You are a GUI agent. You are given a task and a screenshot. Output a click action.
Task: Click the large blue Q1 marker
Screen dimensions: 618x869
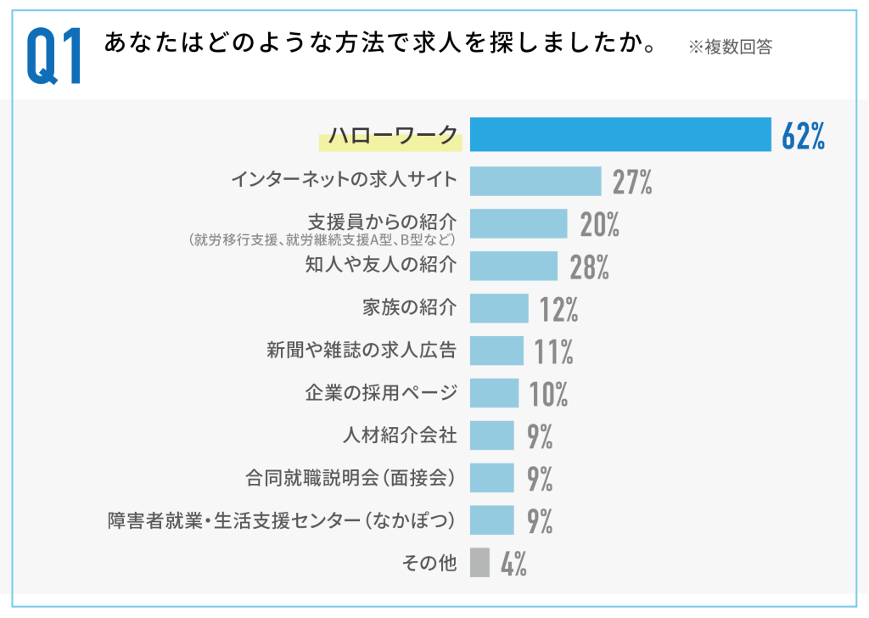pyautogui.click(x=54, y=55)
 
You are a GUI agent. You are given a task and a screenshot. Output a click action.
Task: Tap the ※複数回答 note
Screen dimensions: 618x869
pyautogui.click(x=730, y=48)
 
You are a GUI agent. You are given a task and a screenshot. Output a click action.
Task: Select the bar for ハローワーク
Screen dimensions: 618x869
pyautogui.click(x=620, y=134)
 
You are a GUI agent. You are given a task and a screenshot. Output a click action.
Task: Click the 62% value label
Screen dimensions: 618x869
pyautogui.click(x=804, y=136)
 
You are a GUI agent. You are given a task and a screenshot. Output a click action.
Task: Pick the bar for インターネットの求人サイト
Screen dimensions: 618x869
pyautogui.click(x=535, y=181)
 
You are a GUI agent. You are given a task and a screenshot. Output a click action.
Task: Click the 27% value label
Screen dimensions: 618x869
pyautogui.click(x=632, y=182)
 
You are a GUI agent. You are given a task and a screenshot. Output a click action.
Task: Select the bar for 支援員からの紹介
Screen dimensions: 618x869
pyautogui.click(x=519, y=223)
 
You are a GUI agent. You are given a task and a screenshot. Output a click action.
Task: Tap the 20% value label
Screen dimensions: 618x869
pyautogui.click(x=599, y=224)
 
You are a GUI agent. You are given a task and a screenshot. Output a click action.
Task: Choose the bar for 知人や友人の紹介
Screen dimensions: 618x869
pyautogui.click(x=513, y=266)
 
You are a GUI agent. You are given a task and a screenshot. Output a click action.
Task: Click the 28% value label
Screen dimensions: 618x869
pyautogui.click(x=589, y=267)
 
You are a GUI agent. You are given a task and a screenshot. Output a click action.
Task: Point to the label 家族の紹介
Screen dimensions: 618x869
pyautogui.click(x=410, y=307)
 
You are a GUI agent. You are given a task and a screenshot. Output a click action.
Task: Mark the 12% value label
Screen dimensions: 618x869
pyautogui.click(x=558, y=309)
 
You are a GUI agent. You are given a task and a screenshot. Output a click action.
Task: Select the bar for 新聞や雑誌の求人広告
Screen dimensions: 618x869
pyautogui.click(x=496, y=351)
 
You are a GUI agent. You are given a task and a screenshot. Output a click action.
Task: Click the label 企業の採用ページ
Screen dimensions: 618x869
pyautogui.click(x=381, y=392)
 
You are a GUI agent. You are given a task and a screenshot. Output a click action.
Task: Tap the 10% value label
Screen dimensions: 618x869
pyautogui.click(x=548, y=394)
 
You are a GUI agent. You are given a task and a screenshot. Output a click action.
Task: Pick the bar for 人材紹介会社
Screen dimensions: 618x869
pyautogui.click(x=491, y=435)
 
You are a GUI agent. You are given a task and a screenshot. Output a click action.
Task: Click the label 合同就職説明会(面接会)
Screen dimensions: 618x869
pyautogui.click(x=350, y=478)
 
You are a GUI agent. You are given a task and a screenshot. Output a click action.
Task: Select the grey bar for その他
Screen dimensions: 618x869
pyautogui.click(x=479, y=562)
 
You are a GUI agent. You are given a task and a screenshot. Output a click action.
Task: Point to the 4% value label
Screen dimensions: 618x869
pyautogui.click(x=513, y=564)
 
